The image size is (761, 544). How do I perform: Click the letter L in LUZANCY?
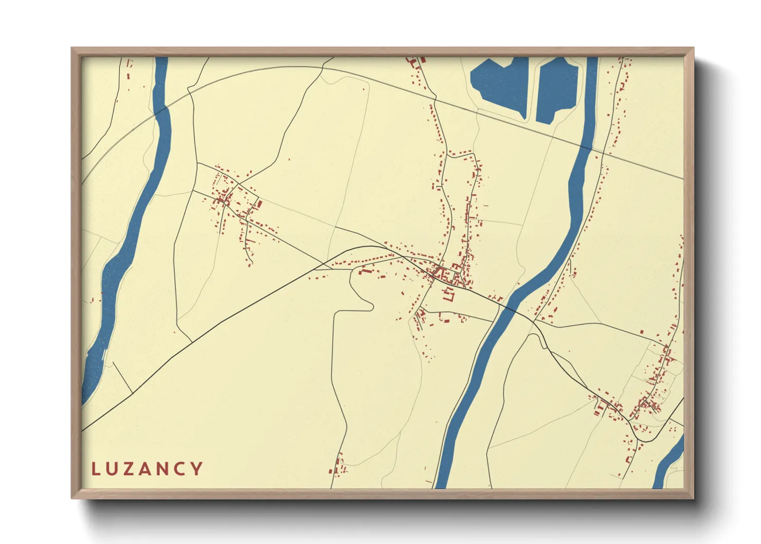coord(95,469)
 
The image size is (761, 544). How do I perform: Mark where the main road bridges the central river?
coord(507,307)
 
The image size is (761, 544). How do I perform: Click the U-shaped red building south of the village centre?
coord(449,295)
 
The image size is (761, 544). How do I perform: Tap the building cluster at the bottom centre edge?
coord(338,465)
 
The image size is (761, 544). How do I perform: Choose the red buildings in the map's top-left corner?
coord(129,69)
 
